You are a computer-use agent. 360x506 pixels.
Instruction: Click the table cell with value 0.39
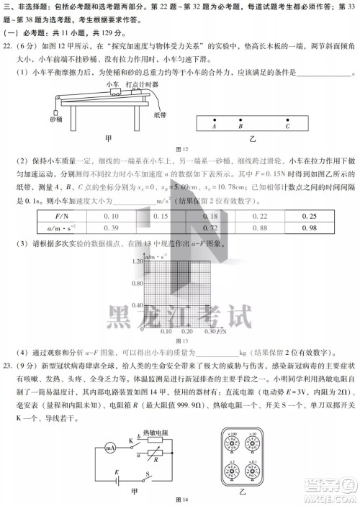(x=111, y=228)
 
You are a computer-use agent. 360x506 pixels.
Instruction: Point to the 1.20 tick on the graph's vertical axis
(x=137, y=262)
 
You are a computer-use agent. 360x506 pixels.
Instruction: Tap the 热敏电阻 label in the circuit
(x=156, y=432)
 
